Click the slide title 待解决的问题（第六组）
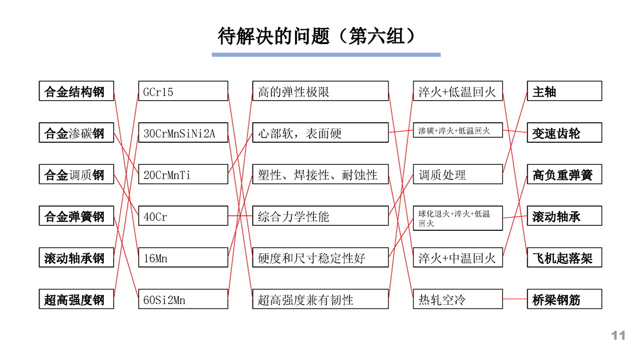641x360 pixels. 316,37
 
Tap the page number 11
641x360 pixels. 618,335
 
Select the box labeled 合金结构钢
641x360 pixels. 77,91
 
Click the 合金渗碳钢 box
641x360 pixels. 77,133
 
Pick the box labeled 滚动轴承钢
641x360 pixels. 77,257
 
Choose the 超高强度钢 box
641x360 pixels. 77,299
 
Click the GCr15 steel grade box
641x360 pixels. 183,91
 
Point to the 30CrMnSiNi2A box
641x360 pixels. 183,133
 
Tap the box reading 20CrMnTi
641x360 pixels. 183,174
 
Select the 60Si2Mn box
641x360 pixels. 183,299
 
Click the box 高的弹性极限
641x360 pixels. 320,91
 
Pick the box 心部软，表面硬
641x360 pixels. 320,133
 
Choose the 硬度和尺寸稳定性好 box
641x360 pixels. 320,257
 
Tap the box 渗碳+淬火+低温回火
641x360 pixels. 458,130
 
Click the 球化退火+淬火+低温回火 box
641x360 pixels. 458,218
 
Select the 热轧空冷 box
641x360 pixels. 458,299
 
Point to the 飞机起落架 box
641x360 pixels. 564,257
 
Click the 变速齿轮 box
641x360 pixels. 564,133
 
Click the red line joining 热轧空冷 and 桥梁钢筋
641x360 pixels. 515,299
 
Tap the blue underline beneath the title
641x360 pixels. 326,55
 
